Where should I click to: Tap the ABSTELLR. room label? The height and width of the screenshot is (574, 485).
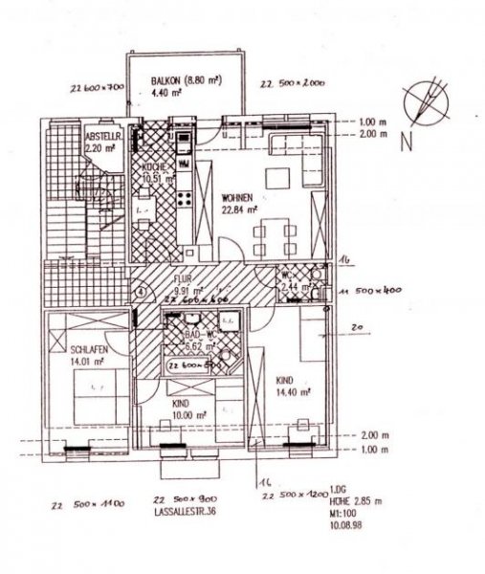tap(99, 136)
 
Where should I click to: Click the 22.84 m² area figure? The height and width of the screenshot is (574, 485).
tap(236, 212)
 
